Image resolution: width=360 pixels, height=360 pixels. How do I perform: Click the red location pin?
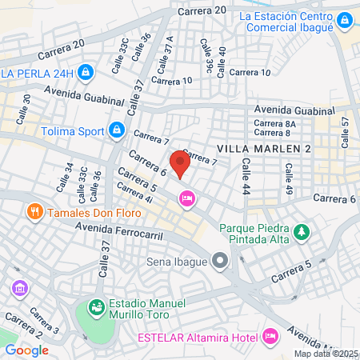coord(180,164)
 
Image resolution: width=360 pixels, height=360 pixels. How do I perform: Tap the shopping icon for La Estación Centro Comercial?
coord(343,19)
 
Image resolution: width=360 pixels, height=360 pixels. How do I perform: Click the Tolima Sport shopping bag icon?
coord(117,128)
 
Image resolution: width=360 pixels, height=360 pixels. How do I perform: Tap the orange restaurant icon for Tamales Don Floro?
coord(34,213)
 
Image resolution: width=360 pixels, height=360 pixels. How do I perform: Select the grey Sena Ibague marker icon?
coord(220,261)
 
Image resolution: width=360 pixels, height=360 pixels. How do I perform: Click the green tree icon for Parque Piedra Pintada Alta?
coord(302,233)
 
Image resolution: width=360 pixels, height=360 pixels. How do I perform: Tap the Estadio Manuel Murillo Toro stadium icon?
coord(96,307)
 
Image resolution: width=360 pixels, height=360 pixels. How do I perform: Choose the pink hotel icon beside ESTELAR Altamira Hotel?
coord(270,335)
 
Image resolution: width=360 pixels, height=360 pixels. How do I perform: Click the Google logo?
coord(26,350)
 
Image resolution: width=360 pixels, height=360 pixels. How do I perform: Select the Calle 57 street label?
coord(346,132)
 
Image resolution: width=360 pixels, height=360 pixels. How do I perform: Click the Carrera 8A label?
coord(274,124)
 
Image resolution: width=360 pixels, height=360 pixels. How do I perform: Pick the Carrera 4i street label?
coord(134,194)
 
